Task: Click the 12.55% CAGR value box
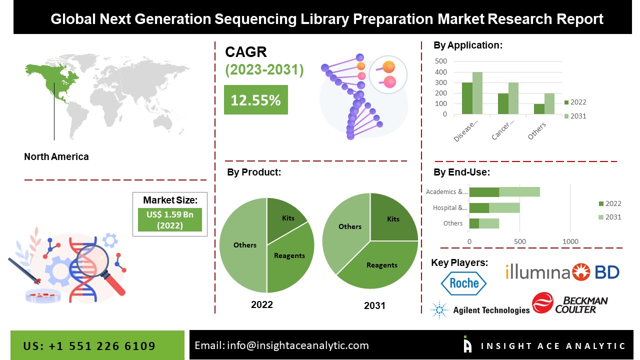(255, 99)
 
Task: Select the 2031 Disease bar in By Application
(477, 93)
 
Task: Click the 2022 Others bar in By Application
(539, 109)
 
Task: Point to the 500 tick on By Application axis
(441, 61)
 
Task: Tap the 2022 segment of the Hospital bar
(479, 208)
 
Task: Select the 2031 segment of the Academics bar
(519, 192)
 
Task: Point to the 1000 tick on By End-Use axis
(570, 241)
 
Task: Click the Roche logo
(463, 283)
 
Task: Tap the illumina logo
(537, 271)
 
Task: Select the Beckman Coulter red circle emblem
(542, 302)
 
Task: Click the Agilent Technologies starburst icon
(439, 309)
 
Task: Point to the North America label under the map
(56, 156)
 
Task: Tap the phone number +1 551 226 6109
(102, 346)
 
